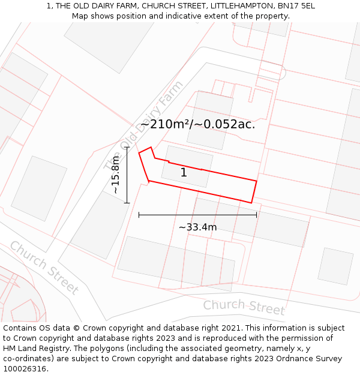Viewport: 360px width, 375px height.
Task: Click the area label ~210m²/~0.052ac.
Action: [x=197, y=124]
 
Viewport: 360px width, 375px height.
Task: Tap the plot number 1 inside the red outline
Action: [x=184, y=173]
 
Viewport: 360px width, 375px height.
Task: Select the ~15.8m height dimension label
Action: [x=115, y=175]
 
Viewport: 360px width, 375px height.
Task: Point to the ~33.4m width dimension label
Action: [x=197, y=227]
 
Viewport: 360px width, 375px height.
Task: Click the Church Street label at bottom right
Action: [x=244, y=307]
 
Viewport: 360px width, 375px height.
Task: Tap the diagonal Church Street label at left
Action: [x=44, y=268]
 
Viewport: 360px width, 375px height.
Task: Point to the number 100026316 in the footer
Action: [x=26, y=369]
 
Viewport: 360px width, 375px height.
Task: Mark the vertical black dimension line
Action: [x=127, y=175]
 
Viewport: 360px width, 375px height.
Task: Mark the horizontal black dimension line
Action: [x=197, y=214]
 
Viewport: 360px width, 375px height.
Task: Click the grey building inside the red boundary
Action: [x=187, y=166]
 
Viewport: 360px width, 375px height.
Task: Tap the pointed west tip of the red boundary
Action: [x=139, y=153]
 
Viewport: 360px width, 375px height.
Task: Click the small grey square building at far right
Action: [x=335, y=266]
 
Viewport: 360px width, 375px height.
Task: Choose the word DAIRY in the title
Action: [x=112, y=6]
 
